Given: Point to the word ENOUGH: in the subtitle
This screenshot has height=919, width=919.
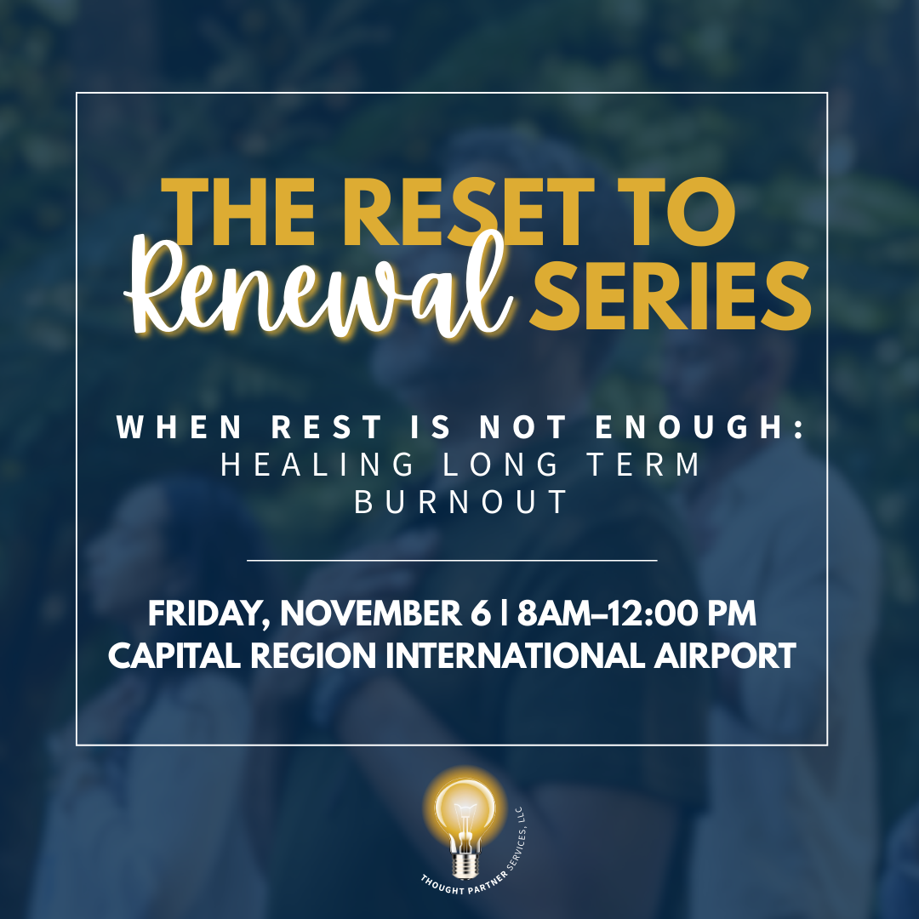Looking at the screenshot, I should (x=716, y=427).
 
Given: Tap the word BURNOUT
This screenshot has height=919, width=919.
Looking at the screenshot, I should (x=459, y=502).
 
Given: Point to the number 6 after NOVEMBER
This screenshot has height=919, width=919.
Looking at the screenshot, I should (x=483, y=614).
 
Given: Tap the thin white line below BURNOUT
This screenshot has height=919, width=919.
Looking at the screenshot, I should (x=452, y=561).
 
